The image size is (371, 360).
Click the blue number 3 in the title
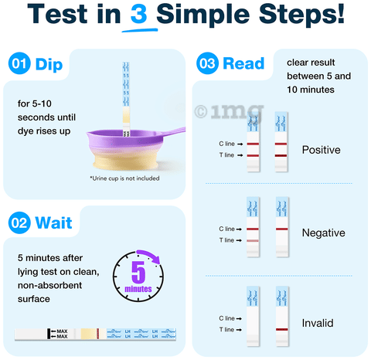click(139, 13)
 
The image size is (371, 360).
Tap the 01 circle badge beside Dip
click(19, 63)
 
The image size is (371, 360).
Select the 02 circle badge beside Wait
click(19, 222)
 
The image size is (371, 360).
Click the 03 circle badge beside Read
click(208, 63)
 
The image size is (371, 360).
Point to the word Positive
click(321, 150)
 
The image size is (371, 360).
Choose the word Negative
click(323, 233)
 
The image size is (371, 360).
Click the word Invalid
click(318, 323)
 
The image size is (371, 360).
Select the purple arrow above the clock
click(149, 256)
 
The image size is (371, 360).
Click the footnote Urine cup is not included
click(124, 178)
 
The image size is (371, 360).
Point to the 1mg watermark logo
click(230, 111)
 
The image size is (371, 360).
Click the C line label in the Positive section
click(226, 144)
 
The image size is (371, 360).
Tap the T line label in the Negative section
click(226, 240)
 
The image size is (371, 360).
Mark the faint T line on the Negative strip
click(253, 241)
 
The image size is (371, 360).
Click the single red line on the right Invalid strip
click(282, 329)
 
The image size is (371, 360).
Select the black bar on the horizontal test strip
click(49, 334)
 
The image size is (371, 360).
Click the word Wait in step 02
click(53, 222)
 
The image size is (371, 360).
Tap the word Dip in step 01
click(49, 65)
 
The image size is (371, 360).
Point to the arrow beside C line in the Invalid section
click(239, 318)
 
